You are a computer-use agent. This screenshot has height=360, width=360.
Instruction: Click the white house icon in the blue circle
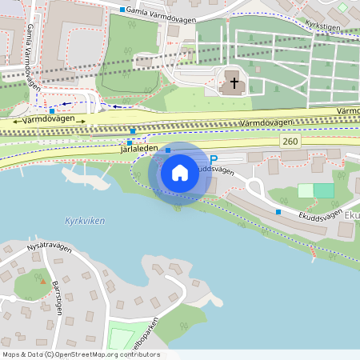(x=180, y=173)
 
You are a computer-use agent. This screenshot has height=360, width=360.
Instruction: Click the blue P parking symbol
(x=214, y=160)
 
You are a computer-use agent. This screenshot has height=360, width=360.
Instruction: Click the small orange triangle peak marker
(x=42, y=282)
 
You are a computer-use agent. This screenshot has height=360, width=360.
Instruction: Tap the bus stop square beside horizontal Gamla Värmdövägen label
(x=122, y=10)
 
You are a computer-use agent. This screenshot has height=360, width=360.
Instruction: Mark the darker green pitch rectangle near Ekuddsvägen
(x=323, y=190)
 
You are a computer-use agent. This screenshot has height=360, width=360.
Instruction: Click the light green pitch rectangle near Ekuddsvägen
(x=306, y=190)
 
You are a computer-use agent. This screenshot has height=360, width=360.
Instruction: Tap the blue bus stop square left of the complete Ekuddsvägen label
(x=278, y=211)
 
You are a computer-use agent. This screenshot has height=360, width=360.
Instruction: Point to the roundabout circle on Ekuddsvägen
(x=255, y=188)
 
